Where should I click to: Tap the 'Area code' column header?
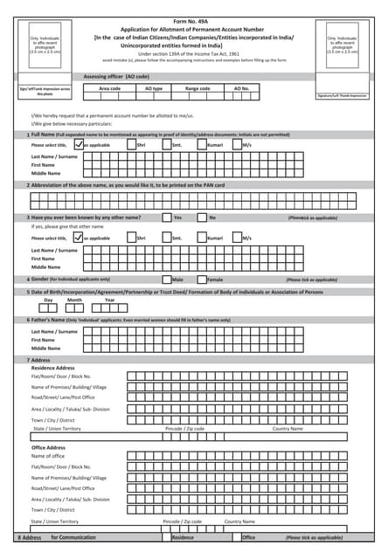[110, 88]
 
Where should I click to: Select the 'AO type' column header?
[154, 88]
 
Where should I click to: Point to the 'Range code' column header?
[197, 88]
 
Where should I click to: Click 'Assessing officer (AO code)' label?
[116, 77]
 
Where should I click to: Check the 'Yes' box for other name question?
[167, 217]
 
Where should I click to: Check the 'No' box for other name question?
[202, 217]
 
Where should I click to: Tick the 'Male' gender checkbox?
[166, 279]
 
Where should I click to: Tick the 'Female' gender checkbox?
[201, 279]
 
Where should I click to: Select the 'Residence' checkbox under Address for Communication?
[166, 537]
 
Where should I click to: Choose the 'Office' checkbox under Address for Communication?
[236, 537]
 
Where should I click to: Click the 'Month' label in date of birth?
[74, 300]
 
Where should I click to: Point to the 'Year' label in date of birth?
[109, 300]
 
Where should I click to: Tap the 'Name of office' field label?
[48, 456]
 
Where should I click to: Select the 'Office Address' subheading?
[49, 447]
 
